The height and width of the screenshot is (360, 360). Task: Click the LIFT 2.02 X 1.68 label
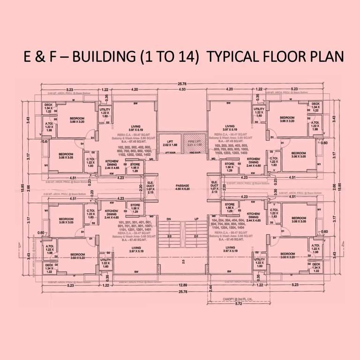point(169,143)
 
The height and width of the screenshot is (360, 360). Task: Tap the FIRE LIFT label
point(195,143)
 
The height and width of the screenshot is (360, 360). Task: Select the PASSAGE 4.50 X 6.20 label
point(182,187)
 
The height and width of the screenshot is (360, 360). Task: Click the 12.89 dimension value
point(182,285)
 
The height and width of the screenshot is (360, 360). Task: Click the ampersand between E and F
point(40,56)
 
